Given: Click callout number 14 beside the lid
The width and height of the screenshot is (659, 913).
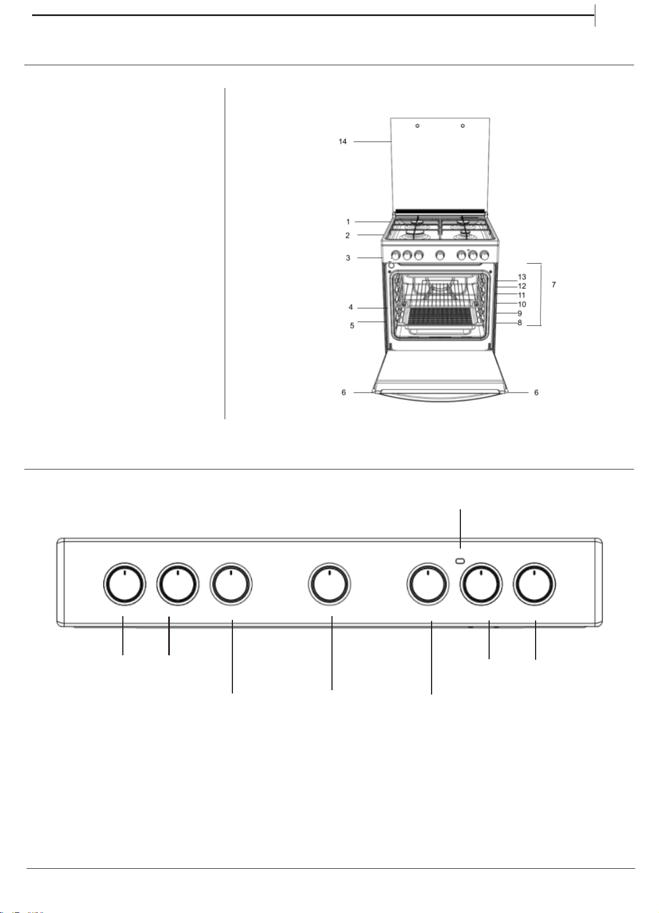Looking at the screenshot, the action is click(343, 142).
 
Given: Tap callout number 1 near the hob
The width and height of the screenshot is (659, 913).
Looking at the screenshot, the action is click(348, 222).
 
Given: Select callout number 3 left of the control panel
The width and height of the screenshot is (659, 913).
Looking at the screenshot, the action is click(348, 258).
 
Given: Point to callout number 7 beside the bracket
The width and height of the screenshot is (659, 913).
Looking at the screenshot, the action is click(553, 284).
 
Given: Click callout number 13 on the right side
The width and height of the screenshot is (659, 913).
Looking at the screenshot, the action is click(522, 277).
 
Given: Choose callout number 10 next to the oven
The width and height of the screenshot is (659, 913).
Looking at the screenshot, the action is click(522, 304).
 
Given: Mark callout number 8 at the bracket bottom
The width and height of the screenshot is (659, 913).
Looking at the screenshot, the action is click(520, 323).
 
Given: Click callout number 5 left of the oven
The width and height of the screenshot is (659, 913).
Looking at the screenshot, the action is click(352, 326).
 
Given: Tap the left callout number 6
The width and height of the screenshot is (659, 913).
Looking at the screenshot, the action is click(344, 392).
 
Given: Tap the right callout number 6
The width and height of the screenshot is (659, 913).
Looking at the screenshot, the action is click(536, 392).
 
